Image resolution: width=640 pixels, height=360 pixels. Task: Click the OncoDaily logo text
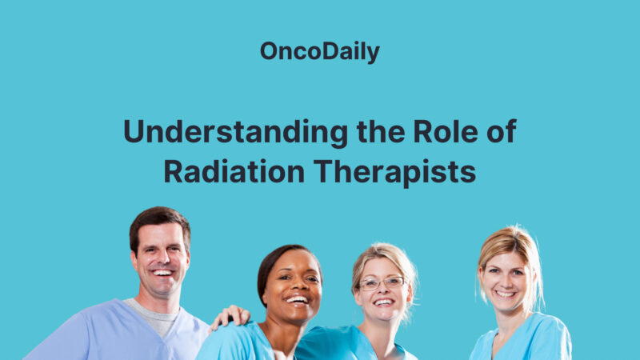pos(319,52)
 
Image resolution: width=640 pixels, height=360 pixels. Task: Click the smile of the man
pos(163,274)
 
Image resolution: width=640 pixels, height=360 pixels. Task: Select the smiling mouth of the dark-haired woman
pos(296,301)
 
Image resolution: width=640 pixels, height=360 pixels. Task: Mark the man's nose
pos(162,258)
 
